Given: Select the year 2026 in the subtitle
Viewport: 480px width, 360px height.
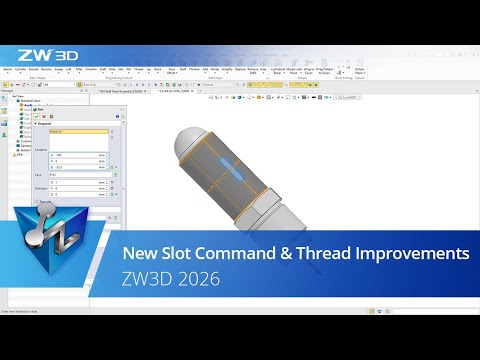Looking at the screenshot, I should click(197, 279).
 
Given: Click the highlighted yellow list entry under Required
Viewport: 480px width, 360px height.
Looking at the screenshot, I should click(75, 130).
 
